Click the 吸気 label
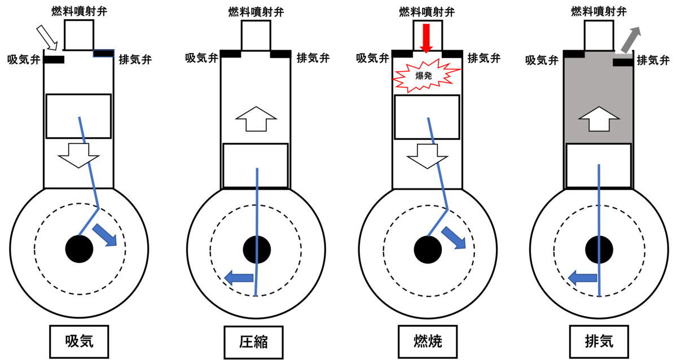coord(79,341)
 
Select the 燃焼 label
coord(428,342)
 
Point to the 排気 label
coord(599,342)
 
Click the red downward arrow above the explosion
coord(426,37)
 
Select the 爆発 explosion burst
coord(425,76)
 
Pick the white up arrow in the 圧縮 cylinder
coord(256,120)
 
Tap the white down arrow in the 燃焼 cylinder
coord(428,153)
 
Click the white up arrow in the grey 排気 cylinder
coord(599,120)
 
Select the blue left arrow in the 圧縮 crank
coord(239,276)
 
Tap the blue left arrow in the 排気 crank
coord(582,277)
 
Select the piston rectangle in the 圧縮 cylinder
coord(256,165)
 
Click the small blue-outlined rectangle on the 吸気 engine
coord(104,54)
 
